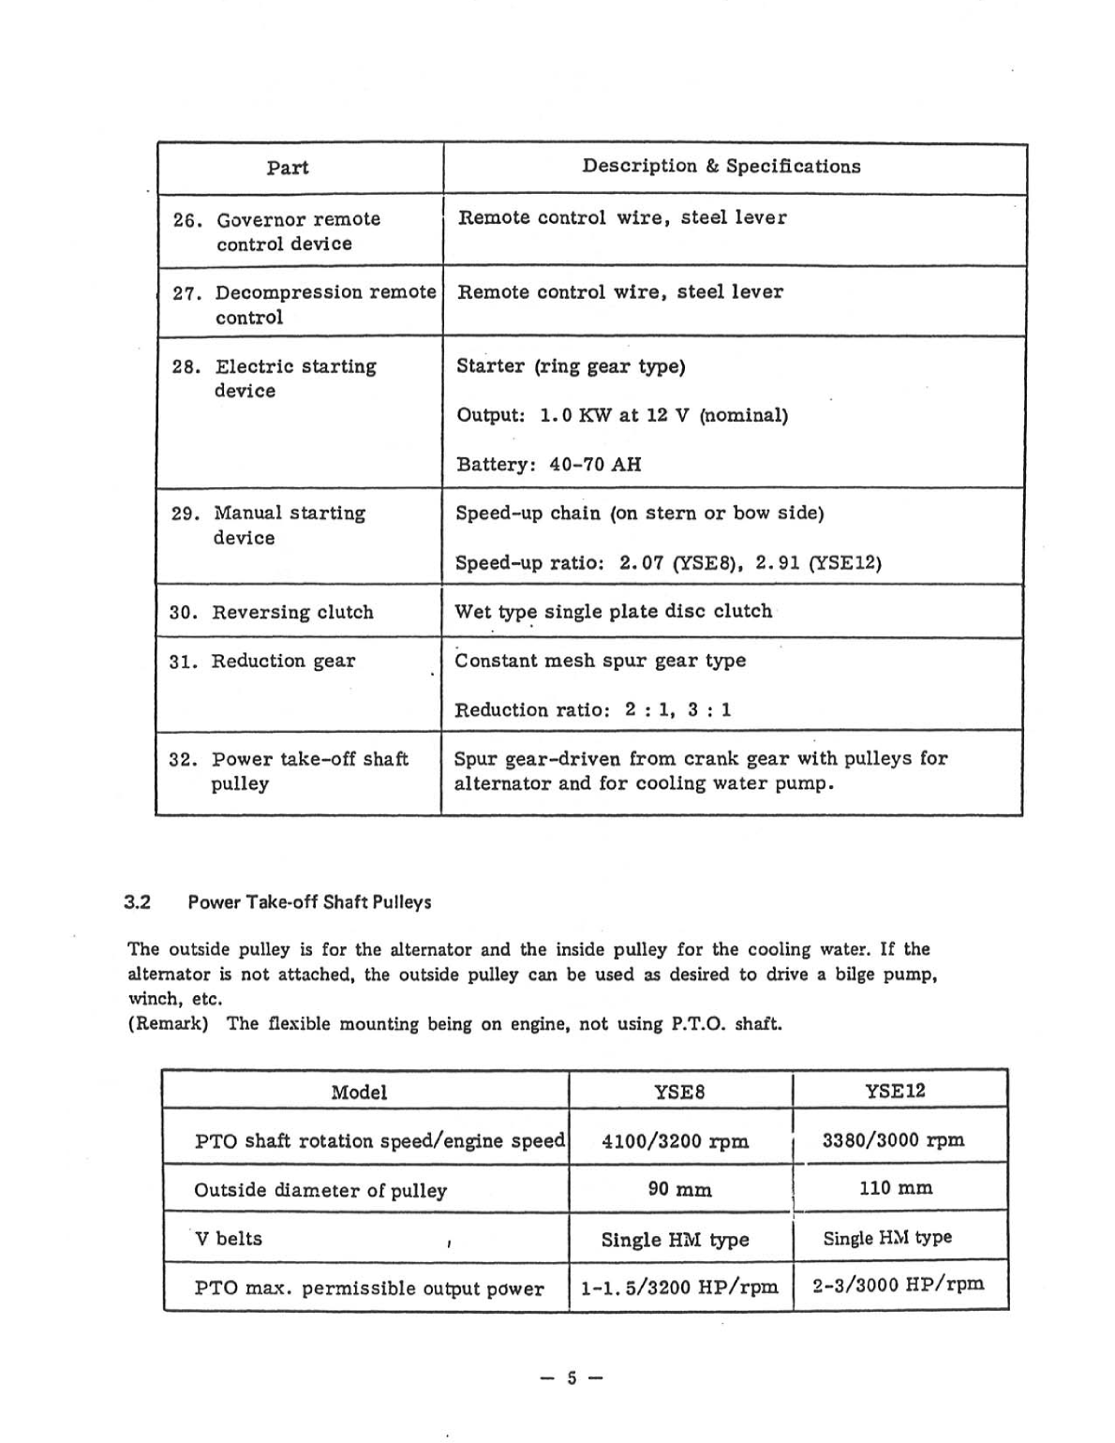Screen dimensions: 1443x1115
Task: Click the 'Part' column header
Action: (x=287, y=168)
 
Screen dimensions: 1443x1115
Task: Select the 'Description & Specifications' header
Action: (x=721, y=166)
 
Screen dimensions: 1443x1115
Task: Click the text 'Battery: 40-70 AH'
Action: (x=548, y=465)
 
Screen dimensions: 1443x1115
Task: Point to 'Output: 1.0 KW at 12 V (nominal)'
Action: (x=621, y=415)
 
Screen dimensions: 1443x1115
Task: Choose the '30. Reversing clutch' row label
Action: (x=272, y=613)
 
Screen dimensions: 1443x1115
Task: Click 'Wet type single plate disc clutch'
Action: (x=613, y=612)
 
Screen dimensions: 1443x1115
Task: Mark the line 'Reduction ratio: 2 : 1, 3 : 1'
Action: (x=592, y=710)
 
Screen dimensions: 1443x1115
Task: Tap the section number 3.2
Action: (x=138, y=903)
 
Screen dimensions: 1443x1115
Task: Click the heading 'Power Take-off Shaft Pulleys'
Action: (x=309, y=903)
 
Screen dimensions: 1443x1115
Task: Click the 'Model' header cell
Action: (x=359, y=1093)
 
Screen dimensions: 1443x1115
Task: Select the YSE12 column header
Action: (x=895, y=1091)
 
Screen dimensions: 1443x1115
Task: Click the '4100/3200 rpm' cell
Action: (x=675, y=1141)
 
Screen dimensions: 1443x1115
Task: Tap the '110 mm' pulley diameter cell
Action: (x=896, y=1188)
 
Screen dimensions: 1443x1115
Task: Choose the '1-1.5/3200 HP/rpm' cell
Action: (x=679, y=1287)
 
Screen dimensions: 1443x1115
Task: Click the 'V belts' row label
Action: (x=229, y=1239)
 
